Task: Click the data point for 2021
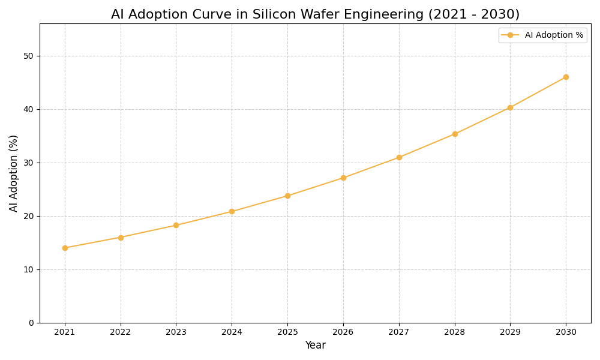65,248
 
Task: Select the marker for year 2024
232,211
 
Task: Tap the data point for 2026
343,178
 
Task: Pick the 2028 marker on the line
455,134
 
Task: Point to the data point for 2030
566,77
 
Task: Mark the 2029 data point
510,107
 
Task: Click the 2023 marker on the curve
176,225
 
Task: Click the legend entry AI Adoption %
553,35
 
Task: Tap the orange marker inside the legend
510,35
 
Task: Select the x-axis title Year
315,346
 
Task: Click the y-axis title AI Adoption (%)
14,173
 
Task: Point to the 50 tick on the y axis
28,56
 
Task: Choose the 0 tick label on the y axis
31,323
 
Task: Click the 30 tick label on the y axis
28,163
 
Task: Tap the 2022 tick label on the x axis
121,332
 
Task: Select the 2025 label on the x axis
287,332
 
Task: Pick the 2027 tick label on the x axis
399,332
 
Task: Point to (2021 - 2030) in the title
473,14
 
